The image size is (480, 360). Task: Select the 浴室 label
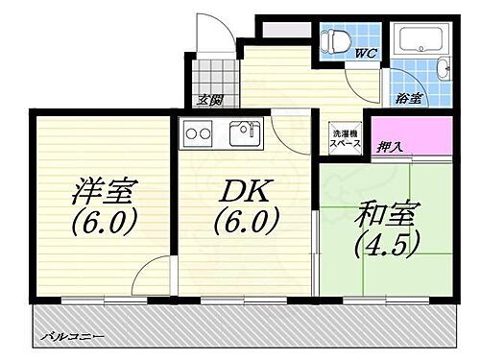tap(407, 98)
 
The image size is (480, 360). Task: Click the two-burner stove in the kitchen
tap(197, 132)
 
